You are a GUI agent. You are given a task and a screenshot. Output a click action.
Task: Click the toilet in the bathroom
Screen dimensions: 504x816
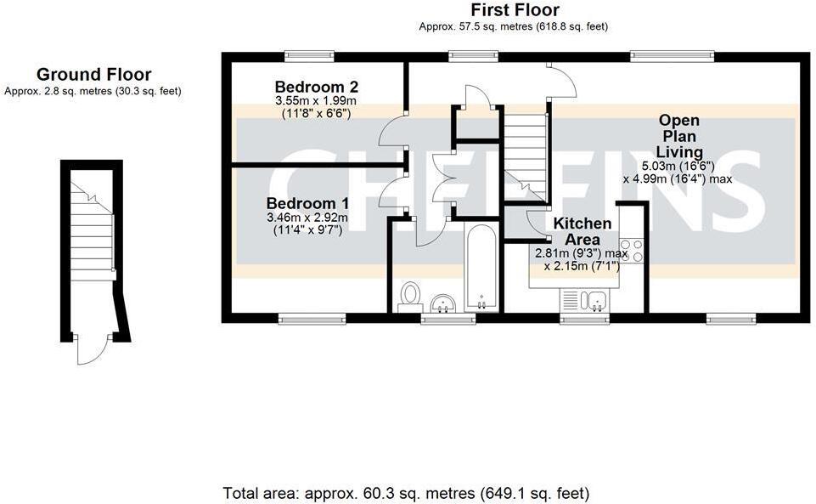pyautogui.click(x=411, y=295)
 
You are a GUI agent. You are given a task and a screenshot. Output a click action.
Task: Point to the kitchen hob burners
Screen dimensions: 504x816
pyautogui.click(x=631, y=251)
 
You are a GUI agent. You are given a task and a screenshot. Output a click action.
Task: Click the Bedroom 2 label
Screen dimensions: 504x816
pyautogui.click(x=317, y=87)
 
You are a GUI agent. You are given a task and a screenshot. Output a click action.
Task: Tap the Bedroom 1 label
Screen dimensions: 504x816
pyautogui.click(x=307, y=204)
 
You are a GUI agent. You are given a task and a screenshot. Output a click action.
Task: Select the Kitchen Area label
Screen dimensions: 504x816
pyautogui.click(x=582, y=230)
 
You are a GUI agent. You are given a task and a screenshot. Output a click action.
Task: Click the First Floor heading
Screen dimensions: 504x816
pyautogui.click(x=515, y=10)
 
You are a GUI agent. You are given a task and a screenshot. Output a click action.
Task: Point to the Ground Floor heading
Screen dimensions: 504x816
pyautogui.click(x=93, y=75)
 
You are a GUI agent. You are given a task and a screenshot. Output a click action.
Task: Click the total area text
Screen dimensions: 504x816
pyautogui.click(x=406, y=493)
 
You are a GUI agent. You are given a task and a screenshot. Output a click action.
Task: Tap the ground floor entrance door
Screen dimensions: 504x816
pyautogui.click(x=92, y=348)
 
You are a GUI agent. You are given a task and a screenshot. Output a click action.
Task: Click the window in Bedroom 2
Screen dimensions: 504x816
pyautogui.click(x=308, y=56)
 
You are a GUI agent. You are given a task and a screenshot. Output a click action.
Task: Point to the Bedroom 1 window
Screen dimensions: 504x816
pyautogui.click(x=301, y=319)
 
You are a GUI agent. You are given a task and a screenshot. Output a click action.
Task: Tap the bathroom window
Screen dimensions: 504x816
pyautogui.click(x=448, y=319)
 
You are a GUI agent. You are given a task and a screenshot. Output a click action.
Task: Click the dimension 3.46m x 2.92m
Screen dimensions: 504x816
pyautogui.click(x=307, y=218)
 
